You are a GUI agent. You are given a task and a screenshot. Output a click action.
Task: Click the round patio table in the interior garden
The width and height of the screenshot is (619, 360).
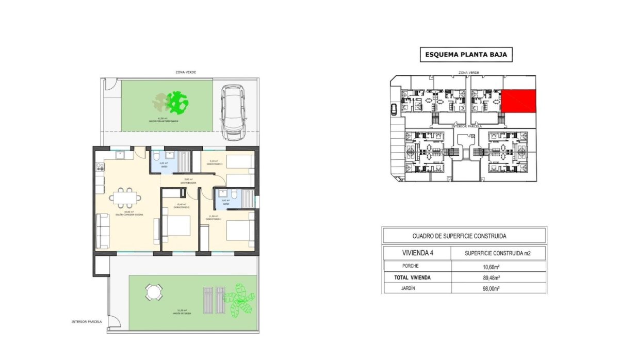point(153,293)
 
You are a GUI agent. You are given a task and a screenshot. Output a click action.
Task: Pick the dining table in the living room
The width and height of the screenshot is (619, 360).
point(126,198)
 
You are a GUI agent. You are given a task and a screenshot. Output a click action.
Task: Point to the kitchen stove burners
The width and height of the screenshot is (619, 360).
point(100,167)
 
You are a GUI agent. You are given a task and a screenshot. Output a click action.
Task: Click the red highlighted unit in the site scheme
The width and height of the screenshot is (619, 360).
point(519,101)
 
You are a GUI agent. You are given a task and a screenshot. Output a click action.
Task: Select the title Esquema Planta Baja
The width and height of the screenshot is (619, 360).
point(466,54)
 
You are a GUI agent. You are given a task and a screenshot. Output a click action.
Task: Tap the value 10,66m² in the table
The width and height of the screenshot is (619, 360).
point(497,266)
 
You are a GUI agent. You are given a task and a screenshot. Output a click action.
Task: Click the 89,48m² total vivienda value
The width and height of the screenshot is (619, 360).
point(497,277)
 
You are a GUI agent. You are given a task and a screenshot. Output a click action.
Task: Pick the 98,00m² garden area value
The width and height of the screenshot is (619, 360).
point(497,289)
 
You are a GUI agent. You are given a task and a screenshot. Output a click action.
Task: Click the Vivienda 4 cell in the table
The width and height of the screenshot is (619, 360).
point(417,253)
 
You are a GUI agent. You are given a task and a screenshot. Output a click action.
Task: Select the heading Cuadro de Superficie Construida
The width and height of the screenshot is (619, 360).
point(459,236)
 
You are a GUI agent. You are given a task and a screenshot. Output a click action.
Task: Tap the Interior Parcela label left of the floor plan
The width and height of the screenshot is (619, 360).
point(87,321)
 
